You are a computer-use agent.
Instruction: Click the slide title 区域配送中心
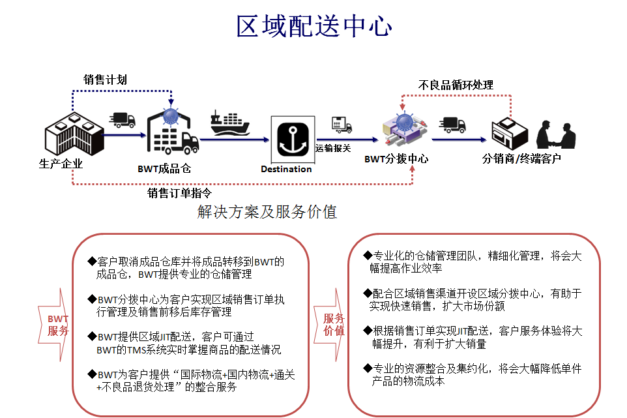click(x=314, y=26)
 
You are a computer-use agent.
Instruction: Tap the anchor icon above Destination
click(x=293, y=140)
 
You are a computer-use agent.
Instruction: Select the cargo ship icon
click(x=230, y=123)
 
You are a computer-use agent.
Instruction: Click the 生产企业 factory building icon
click(x=74, y=134)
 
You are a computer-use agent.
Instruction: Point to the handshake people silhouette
click(x=556, y=135)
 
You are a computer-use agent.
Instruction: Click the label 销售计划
click(x=105, y=80)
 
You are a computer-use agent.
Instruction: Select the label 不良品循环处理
click(x=456, y=85)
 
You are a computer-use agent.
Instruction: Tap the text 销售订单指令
click(x=179, y=193)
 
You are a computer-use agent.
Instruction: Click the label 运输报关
click(x=332, y=149)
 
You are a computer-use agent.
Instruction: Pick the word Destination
click(x=286, y=169)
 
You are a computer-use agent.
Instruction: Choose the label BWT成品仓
click(x=164, y=169)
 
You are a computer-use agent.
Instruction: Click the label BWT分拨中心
click(x=396, y=159)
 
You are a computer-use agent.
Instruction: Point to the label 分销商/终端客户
click(x=521, y=159)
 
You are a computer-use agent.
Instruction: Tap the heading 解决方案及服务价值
click(x=267, y=211)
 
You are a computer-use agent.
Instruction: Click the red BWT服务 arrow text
click(x=57, y=325)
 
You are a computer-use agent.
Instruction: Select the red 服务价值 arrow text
click(x=334, y=324)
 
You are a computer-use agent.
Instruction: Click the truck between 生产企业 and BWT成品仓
click(x=123, y=119)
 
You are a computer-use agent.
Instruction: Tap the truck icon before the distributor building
click(x=452, y=125)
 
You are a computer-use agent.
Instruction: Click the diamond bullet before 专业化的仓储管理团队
click(x=368, y=255)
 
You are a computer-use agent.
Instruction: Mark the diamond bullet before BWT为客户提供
click(x=92, y=374)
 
